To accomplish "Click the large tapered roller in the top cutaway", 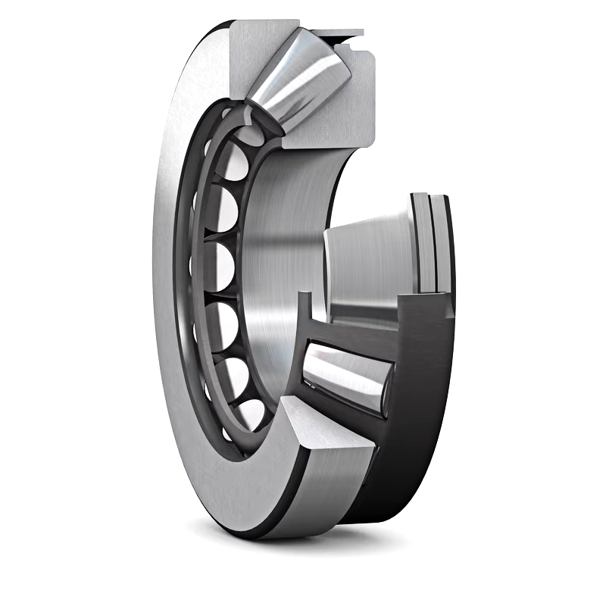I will [299, 83].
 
